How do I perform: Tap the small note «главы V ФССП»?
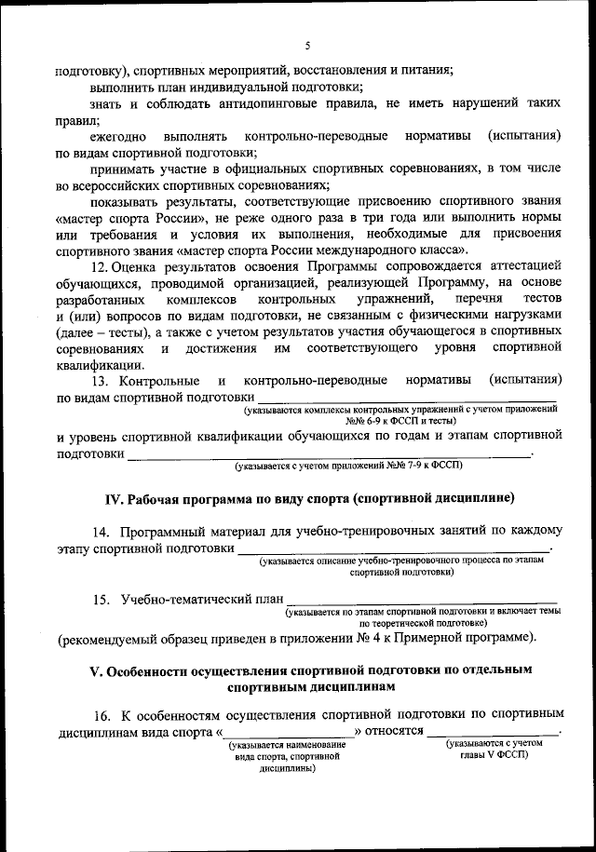(494, 756)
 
